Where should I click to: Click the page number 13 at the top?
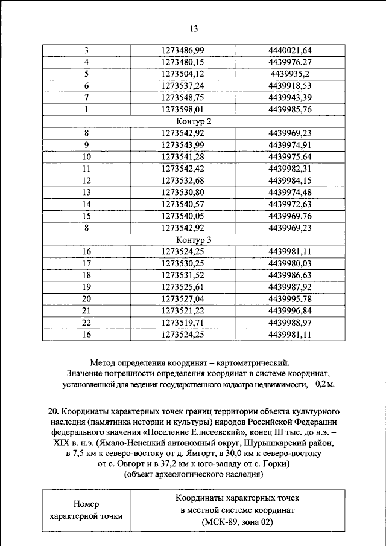tap(194, 28)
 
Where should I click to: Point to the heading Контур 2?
tap(193, 121)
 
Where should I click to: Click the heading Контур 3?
tap(193, 239)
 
